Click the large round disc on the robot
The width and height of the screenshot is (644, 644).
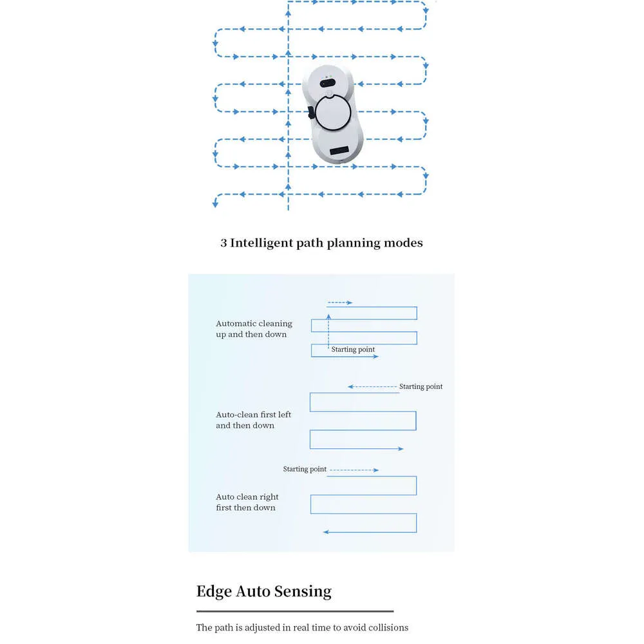tap(333, 112)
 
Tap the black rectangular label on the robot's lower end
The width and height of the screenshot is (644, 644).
tap(339, 150)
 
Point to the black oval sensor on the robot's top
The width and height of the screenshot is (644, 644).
tap(327, 83)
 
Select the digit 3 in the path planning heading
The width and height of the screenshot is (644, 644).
tap(223, 243)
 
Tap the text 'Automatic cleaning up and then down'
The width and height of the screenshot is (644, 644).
tap(254, 328)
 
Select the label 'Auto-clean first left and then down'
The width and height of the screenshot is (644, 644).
tap(253, 420)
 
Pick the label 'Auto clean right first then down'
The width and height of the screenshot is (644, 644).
tap(247, 502)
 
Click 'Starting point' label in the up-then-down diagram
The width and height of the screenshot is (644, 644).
tap(353, 349)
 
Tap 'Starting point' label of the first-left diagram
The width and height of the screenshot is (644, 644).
tap(421, 386)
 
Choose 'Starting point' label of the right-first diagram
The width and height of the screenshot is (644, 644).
tap(305, 469)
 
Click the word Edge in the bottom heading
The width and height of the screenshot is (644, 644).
tap(214, 592)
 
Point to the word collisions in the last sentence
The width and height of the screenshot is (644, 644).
tap(388, 627)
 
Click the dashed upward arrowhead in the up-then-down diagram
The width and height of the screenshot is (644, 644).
tap(328, 316)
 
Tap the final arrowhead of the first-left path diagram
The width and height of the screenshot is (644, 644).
tap(401, 449)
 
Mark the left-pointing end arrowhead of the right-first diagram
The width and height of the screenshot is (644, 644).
tap(326, 533)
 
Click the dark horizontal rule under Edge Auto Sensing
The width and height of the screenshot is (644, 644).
tap(295, 612)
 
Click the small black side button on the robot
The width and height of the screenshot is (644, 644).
tap(311, 112)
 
